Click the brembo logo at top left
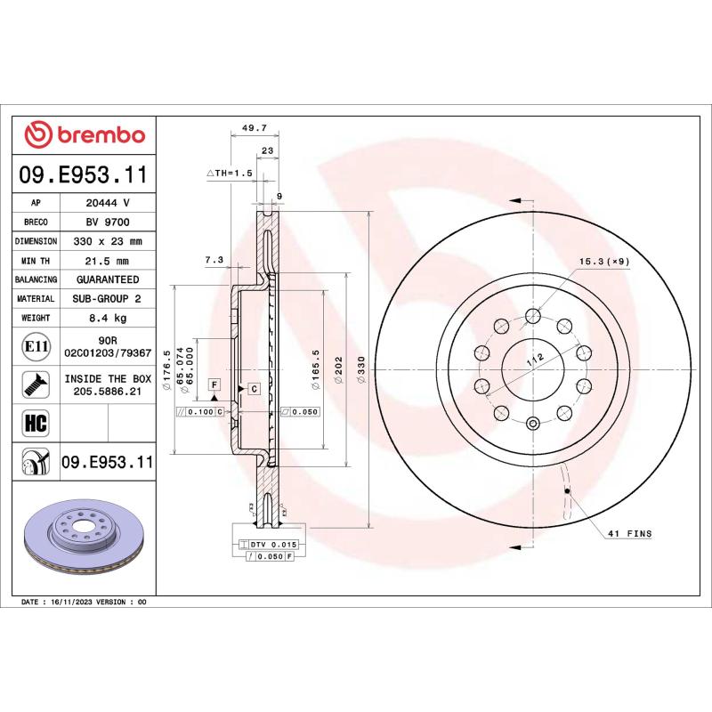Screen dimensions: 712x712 pos(85,134)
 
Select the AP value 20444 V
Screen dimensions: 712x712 pos(108,203)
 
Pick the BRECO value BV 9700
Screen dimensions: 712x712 pos(108,222)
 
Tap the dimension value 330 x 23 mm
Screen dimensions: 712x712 pos(108,241)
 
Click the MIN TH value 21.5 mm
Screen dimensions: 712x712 pos(108,261)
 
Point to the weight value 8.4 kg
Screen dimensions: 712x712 pos(108,318)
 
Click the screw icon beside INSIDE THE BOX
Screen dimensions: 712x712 pos(35,384)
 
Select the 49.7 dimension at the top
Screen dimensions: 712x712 pos(244,128)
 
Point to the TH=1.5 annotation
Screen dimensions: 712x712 pos(231,172)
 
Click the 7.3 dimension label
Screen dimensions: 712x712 pos(214,260)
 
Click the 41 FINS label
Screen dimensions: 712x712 pos(631,534)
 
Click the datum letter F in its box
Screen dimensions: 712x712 pos(214,384)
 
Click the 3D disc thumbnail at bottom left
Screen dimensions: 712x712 pos(85,539)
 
